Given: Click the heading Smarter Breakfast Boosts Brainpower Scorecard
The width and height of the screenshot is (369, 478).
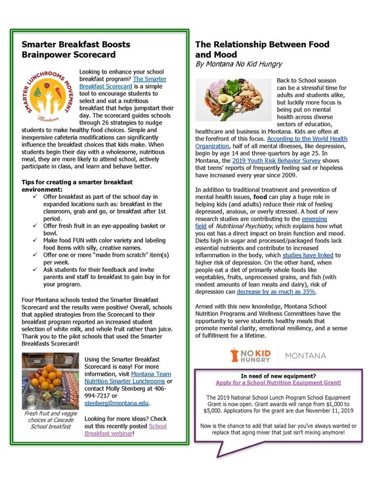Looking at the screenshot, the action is coord(76,51).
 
